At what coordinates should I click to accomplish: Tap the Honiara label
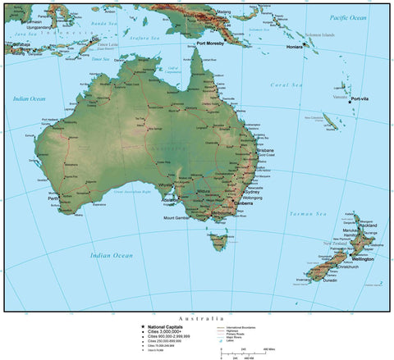[x=295, y=48]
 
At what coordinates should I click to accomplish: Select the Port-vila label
[x=361, y=99]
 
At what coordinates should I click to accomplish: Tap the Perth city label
[x=53, y=198]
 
